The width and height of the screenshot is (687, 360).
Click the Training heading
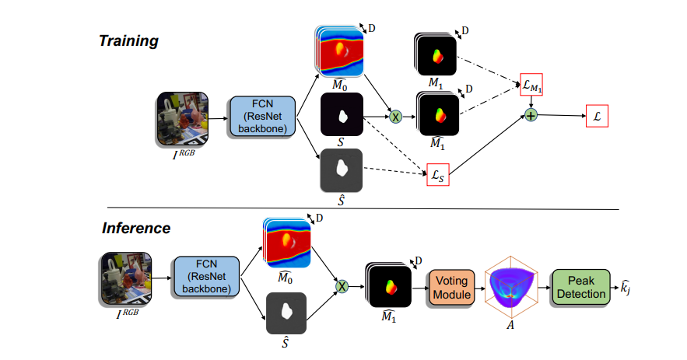pyautogui.click(x=128, y=41)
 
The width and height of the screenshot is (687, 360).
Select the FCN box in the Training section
pyautogui.click(x=261, y=117)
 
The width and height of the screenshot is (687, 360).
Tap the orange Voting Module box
pyautogui.click(x=451, y=288)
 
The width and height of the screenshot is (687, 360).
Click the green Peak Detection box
pyautogui.click(x=580, y=288)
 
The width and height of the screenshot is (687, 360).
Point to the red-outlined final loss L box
pyautogui.click(x=597, y=116)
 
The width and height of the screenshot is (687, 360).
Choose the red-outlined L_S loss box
pyautogui.click(x=438, y=177)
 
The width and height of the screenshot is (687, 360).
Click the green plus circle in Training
pyautogui.click(x=531, y=116)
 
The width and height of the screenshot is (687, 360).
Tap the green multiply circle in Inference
pyautogui.click(x=340, y=288)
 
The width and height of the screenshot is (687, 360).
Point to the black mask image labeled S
pyautogui.click(x=342, y=115)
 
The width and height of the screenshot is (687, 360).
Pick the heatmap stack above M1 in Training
pyautogui.click(x=435, y=55)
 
